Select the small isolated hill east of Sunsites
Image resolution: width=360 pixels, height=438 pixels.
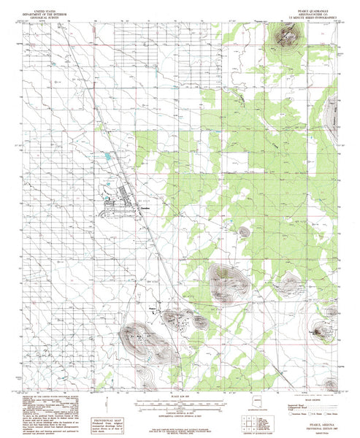click(243, 231)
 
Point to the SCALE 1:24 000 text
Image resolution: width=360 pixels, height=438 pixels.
click(179, 397)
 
